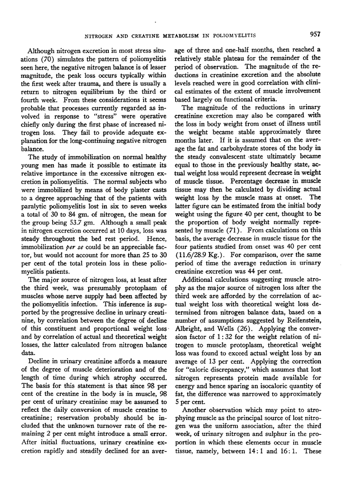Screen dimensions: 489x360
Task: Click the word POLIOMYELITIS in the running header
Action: click(x=232, y=36)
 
